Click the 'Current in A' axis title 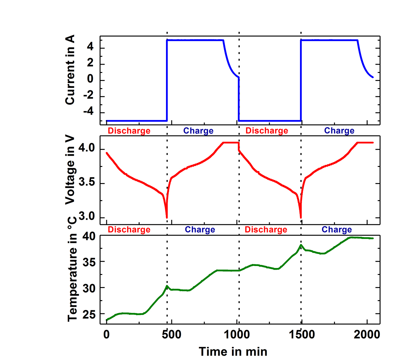(x=70, y=70)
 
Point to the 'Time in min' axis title (x=233, y=351)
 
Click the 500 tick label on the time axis (x=172, y=334)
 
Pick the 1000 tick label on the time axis (x=236, y=334)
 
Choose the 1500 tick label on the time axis (x=301, y=334)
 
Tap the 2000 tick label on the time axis (x=367, y=334)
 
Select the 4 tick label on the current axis (x=90, y=47)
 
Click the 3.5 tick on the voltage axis (x=87, y=183)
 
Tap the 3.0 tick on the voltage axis (x=87, y=217)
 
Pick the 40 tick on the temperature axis (x=89, y=237)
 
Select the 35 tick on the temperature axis (x=89, y=262)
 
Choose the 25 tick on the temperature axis (x=89, y=314)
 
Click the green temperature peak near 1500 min (x=301, y=245)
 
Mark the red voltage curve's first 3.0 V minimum (x=167, y=218)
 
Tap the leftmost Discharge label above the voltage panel (x=129, y=131)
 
